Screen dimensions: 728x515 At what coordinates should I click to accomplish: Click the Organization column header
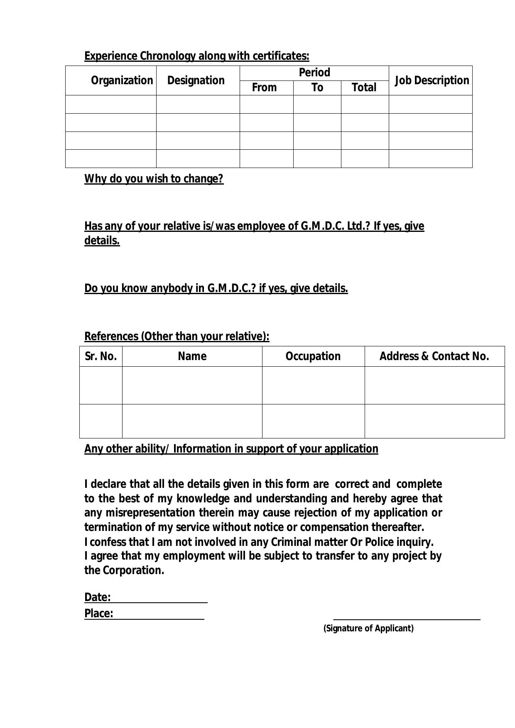click(x=122, y=80)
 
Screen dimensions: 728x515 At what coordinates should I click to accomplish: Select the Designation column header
click(x=196, y=80)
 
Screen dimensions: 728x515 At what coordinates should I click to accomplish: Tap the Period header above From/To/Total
click(x=314, y=73)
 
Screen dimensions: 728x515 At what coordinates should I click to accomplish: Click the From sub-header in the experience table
click(x=264, y=88)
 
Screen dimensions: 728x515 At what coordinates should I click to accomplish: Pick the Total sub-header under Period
click(x=364, y=88)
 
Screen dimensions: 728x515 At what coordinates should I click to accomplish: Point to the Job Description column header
click(x=432, y=80)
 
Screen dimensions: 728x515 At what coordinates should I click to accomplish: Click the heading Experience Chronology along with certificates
click(x=196, y=56)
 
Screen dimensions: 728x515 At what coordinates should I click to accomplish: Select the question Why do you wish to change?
click(x=154, y=179)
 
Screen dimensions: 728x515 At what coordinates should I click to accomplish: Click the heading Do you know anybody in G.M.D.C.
click(x=216, y=288)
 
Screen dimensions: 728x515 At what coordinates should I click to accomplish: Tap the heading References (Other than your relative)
click(x=177, y=336)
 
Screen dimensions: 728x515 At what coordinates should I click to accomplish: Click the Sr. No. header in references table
click(x=101, y=356)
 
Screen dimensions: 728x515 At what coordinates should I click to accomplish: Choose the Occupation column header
click(x=313, y=356)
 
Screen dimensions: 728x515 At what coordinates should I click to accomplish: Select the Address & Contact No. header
click(x=434, y=356)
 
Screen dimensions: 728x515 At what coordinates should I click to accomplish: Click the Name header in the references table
click(x=192, y=356)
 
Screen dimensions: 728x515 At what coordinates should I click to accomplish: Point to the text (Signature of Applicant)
click(x=368, y=628)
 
